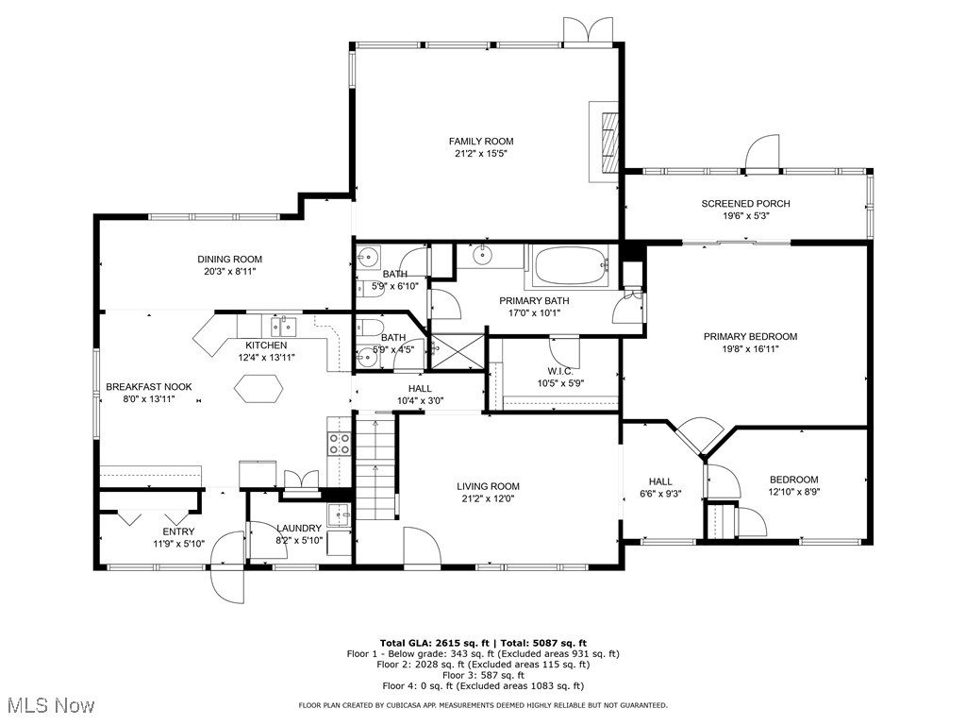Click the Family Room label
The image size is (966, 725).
coord(481,142)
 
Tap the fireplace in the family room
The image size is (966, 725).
coord(607,140)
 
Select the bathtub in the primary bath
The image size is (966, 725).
coord(573,265)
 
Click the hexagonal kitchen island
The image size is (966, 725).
coord(258,388)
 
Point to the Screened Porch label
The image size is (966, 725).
coord(745,204)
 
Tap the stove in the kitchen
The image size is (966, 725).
coord(339,443)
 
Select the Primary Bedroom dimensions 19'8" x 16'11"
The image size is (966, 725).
coord(750,348)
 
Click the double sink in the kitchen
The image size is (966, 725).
coord(282,327)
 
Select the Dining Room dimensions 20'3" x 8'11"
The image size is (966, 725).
coord(229,271)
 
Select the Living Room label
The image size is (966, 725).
coord(491,486)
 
